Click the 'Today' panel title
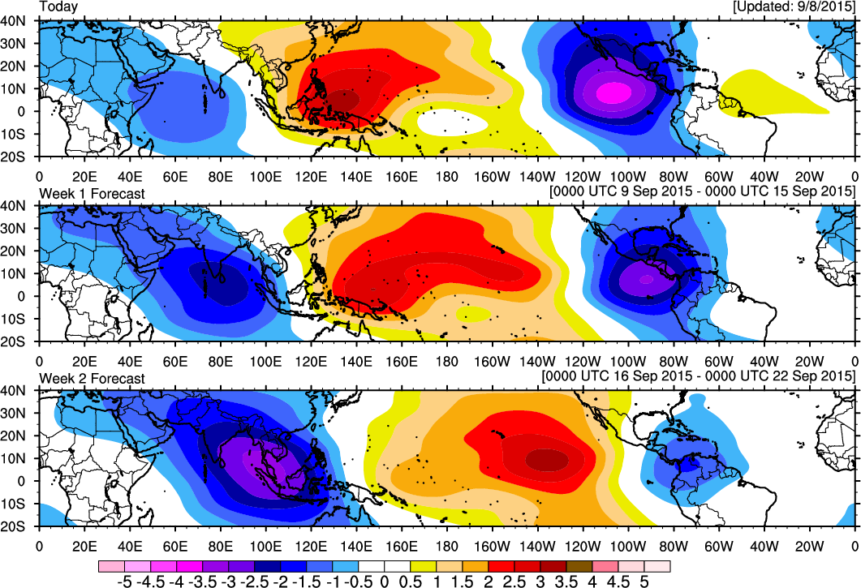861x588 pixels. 58,7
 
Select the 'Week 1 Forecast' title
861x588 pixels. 93,194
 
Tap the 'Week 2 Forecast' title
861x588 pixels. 93,379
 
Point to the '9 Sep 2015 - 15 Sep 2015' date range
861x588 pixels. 702,191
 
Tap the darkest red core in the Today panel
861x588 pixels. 344,101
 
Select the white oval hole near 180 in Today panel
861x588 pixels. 453,122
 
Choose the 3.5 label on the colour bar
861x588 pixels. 566,581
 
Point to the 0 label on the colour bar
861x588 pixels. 385,581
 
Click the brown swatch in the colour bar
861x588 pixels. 579,567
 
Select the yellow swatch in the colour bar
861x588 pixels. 424,567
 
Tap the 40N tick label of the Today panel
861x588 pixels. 13,20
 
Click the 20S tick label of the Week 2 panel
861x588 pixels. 13,526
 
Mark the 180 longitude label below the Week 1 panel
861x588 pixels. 447,361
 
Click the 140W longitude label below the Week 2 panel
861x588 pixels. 537,547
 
